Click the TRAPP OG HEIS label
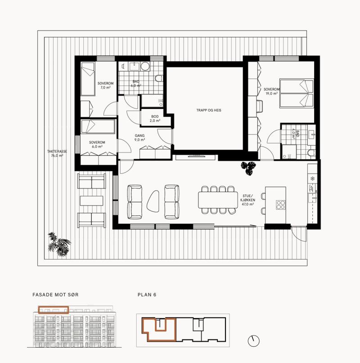[x=209, y=110]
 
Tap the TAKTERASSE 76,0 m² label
[x=57, y=153]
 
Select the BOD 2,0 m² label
[x=155, y=119]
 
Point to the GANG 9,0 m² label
[x=139, y=138]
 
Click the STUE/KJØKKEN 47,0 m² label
[x=247, y=200]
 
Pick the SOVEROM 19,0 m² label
[x=271, y=91]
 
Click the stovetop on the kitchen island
[x=280, y=205]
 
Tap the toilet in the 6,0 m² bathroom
[x=159, y=78]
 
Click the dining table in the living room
[x=218, y=200]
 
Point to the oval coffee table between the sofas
[x=153, y=201]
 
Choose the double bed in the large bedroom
[x=297, y=94]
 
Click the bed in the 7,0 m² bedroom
[x=88, y=79]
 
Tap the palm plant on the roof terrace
[x=59, y=244]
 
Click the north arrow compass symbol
[x=253, y=341]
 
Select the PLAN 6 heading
[x=147, y=295]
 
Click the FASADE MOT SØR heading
[x=55, y=295]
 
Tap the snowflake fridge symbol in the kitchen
[x=312, y=179]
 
